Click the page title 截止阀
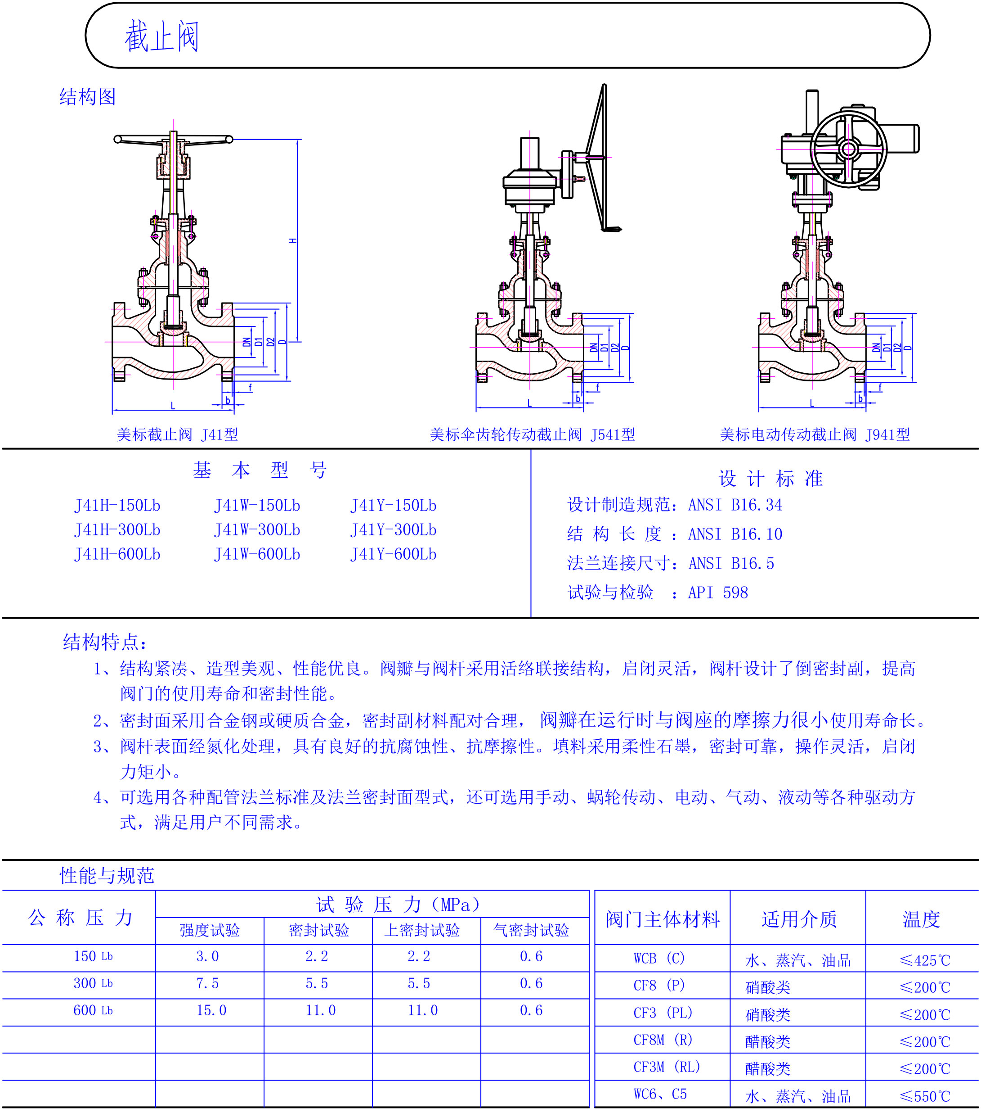pyautogui.click(x=161, y=37)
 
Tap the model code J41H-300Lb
pyautogui.click(x=117, y=530)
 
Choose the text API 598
pyautogui.click(x=718, y=593)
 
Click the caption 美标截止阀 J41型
pyautogui.click(x=177, y=434)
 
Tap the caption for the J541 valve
pyautogui.click(x=532, y=434)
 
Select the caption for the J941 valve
pyautogui.click(x=815, y=434)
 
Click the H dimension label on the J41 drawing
pyautogui.click(x=293, y=240)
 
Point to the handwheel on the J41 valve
pyautogui.click(x=173, y=140)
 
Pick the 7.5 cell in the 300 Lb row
pyautogui.click(x=207, y=983)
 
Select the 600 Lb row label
pyautogui.click(x=93, y=1011)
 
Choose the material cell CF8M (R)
pyautogui.click(x=663, y=1040)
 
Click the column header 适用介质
pyautogui.click(x=799, y=919)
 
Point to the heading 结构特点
pyautogui.click(x=105, y=642)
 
